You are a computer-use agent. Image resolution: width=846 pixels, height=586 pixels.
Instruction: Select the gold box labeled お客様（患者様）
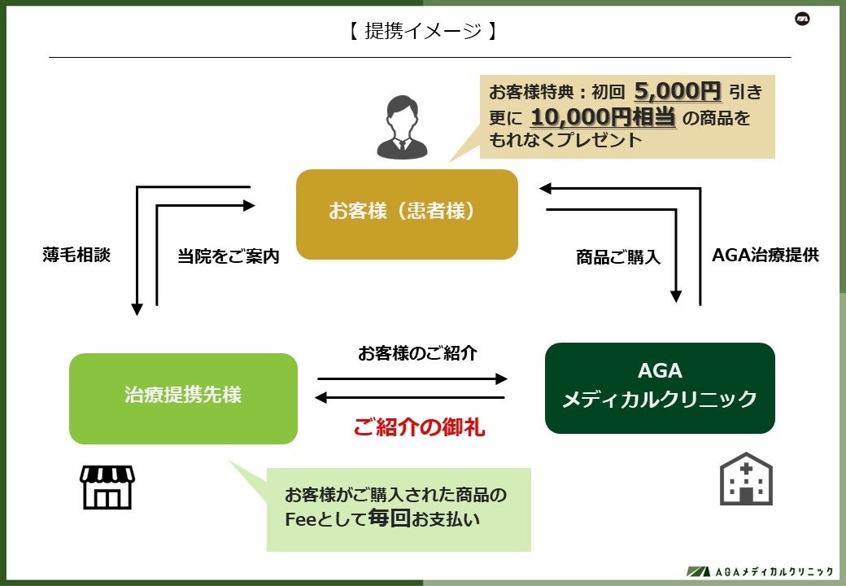coord(407,214)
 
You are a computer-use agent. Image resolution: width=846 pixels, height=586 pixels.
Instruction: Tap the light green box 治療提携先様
coord(183,398)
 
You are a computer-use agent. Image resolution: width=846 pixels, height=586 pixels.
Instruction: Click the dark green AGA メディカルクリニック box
coord(660,387)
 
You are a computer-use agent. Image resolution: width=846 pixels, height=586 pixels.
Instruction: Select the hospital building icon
coord(746,479)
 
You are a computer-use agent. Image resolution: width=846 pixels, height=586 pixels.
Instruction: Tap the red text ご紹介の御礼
coord(419,427)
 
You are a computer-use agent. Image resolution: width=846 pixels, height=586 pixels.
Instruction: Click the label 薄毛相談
coord(76,255)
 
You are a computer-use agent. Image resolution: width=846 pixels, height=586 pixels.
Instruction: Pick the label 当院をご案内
coord(229,256)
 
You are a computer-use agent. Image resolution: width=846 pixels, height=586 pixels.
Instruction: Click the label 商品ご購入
coord(618,257)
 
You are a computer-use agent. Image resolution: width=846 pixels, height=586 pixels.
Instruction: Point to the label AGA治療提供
coord(765,255)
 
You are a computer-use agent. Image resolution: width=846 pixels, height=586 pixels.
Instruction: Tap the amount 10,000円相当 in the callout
coord(603,117)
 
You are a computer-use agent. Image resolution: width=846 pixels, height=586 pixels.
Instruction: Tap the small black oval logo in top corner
coord(803,20)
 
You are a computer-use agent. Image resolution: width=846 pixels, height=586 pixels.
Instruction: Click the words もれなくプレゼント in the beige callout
coord(565,140)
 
